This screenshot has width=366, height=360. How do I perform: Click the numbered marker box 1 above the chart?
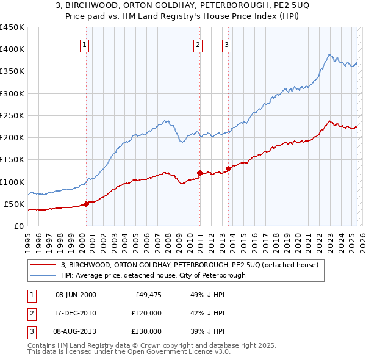(x=84, y=44)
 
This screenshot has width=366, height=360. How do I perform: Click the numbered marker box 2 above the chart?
(x=198, y=44)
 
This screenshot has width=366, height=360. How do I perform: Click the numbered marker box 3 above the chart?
(x=226, y=44)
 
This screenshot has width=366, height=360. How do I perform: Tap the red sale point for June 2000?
(x=86, y=204)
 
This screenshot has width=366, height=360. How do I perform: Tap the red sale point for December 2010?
(x=199, y=173)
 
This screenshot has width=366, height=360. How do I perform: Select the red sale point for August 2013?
(x=228, y=168)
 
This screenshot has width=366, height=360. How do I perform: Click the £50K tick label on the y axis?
(x=14, y=204)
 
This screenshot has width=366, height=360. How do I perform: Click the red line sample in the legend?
(x=43, y=265)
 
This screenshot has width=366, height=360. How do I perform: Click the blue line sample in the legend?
(x=43, y=275)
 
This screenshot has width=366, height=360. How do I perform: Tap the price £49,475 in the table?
(x=148, y=295)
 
